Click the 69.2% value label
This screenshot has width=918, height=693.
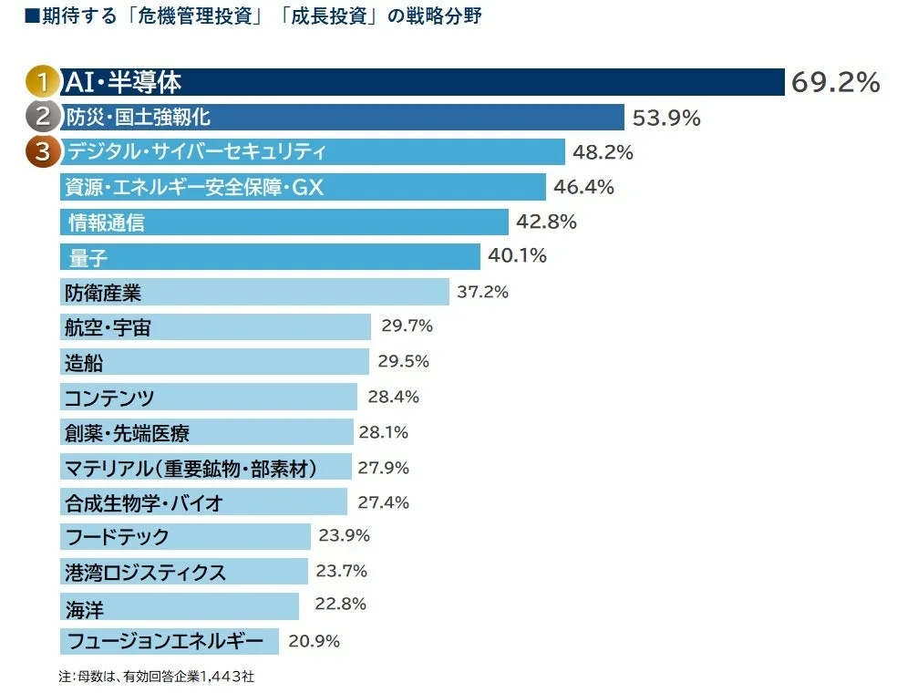coord(835,82)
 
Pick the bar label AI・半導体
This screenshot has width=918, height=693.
coord(122,82)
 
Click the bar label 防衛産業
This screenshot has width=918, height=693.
coord(103,293)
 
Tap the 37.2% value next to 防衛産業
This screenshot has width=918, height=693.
coord(482,292)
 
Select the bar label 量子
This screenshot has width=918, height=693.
coord(88,258)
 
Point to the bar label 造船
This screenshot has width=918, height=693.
coord(84,362)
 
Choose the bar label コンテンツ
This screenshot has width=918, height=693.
coord(109,398)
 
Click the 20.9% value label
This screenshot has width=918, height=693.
coord(314,641)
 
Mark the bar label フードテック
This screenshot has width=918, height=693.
coord(117,537)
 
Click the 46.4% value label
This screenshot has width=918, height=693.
coord(583,187)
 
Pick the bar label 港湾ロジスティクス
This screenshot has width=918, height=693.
coord(145,573)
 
